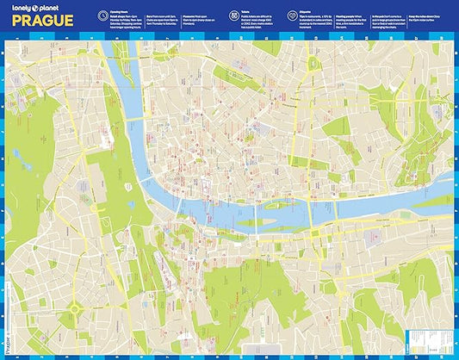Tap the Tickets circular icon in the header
(x=233, y=16)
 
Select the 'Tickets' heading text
(x=246, y=13)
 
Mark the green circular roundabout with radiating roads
(x=75, y=307)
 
